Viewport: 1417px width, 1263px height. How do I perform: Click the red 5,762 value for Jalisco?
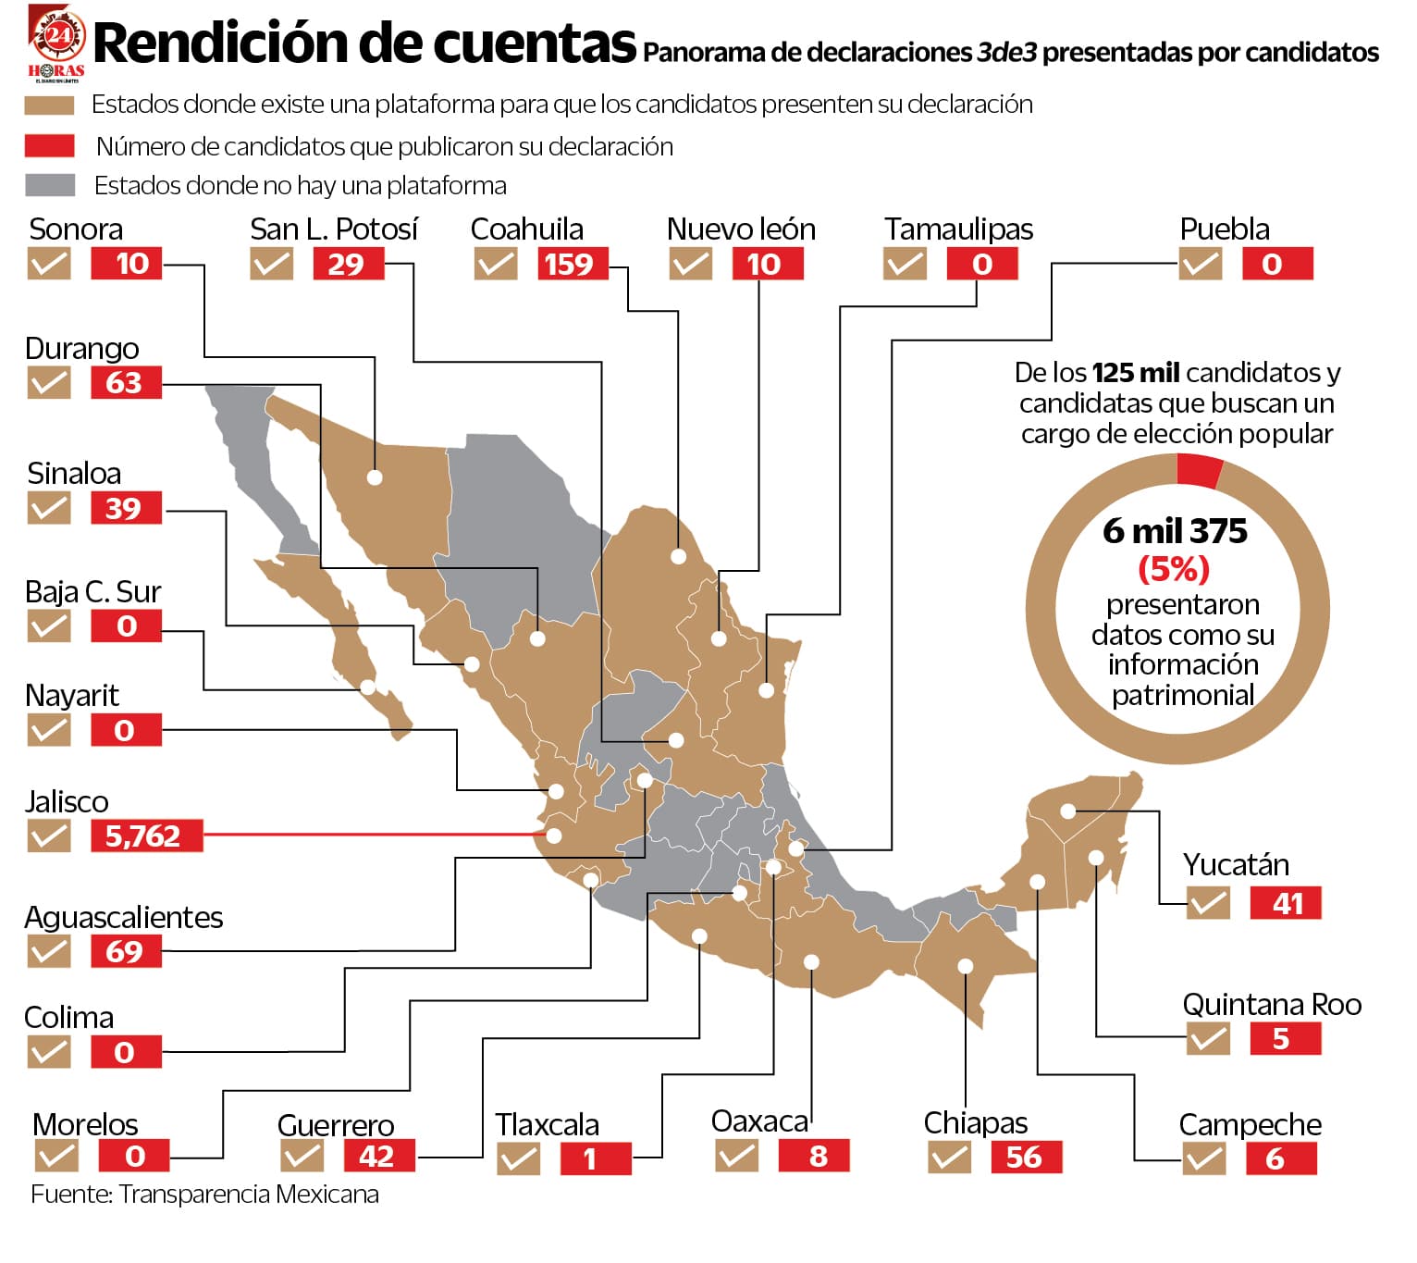pyautogui.click(x=146, y=836)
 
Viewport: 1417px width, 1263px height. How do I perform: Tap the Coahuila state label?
pyautogui.click(x=526, y=229)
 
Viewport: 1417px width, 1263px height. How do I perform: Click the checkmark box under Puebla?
pyautogui.click(x=1200, y=265)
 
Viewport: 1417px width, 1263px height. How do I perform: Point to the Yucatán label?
pyautogui.click(x=1236, y=864)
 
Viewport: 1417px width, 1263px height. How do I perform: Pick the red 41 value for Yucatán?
pyautogui.click(x=1285, y=903)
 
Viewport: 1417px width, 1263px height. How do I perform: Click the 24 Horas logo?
pyautogui.click(x=56, y=43)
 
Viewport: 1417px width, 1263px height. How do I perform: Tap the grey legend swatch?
pyautogui.click(x=50, y=185)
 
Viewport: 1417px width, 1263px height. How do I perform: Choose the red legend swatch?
pyautogui.click(x=50, y=146)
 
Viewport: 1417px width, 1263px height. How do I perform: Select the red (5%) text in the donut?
pyautogui.click(x=1174, y=568)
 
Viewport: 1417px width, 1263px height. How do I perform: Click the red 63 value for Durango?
pyautogui.click(x=126, y=383)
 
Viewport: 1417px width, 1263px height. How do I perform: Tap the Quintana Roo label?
pyautogui.click(x=1272, y=1005)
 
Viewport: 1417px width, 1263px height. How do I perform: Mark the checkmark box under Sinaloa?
pyautogui.click(x=49, y=508)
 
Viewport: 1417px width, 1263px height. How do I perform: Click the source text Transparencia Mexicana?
pyautogui.click(x=248, y=1195)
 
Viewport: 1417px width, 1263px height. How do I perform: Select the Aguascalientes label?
pyautogui.click(x=123, y=917)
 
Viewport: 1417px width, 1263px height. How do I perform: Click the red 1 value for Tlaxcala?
pyautogui.click(x=595, y=1159)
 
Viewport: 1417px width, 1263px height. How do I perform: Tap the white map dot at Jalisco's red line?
pyautogui.click(x=554, y=836)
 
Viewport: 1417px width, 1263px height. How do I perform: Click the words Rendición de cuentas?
pyautogui.click(x=365, y=43)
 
